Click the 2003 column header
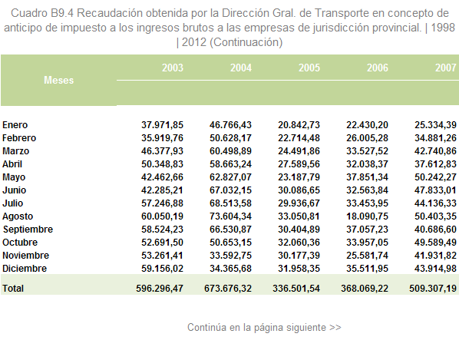tap(173, 68)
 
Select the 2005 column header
tap(309, 68)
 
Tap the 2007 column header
tap(445, 68)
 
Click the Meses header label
tap(58, 80)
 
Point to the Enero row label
tap(15, 125)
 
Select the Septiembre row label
tap(28, 230)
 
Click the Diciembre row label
tap(25, 269)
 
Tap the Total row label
tap(13, 289)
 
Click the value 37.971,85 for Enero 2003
tap(162, 125)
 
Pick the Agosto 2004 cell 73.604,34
tap(230, 216)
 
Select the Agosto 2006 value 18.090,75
tap(367, 216)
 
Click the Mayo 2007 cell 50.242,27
tap(435, 177)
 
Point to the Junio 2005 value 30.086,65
tap(299, 190)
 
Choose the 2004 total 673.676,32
tap(228, 289)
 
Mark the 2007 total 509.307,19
tap(433, 289)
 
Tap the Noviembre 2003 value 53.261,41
tap(162, 256)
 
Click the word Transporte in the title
tap(342, 14)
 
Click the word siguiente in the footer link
tap(306, 328)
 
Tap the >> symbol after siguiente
tap(335, 328)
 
